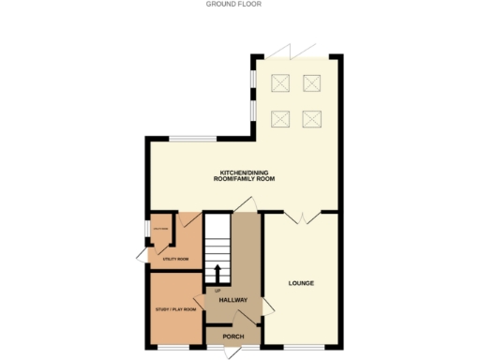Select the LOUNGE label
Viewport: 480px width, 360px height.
click(300, 282)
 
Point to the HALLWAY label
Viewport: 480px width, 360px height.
click(232, 300)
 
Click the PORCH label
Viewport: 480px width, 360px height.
click(233, 336)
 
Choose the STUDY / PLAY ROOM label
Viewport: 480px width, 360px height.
click(175, 308)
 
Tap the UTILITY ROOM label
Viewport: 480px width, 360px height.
click(176, 258)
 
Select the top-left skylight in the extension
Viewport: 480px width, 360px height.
click(280, 83)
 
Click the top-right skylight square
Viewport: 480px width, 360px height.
click(313, 83)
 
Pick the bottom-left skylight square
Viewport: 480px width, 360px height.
click(280, 118)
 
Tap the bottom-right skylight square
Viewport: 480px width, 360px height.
click(313, 118)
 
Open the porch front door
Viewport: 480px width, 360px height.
click(233, 352)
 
